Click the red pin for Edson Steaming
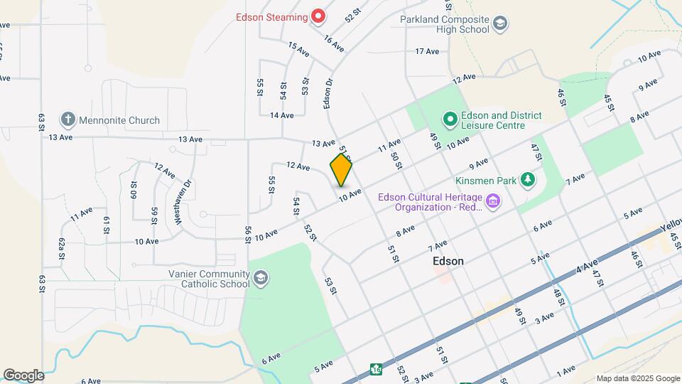pos(319,16)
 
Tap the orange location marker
pos(342,170)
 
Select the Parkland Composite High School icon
pos(500,24)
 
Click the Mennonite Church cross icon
pos(67,120)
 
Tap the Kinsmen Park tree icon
pos(527,181)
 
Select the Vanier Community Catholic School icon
pos(261,277)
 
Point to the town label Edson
pos(448,261)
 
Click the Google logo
pos(23,375)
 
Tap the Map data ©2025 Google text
pos(637,378)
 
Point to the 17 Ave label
pos(428,51)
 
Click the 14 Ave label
pos(281,114)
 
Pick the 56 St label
pos(248,234)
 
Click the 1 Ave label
pos(565,371)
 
